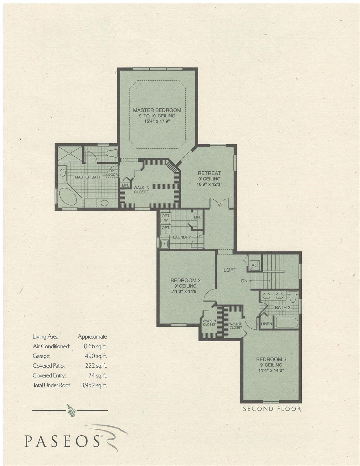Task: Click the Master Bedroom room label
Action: click(x=157, y=110)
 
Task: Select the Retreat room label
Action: click(x=209, y=173)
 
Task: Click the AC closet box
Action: click(x=254, y=265)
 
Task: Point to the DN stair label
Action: click(x=244, y=281)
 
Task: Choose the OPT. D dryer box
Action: click(x=166, y=230)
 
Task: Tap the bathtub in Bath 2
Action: click(x=287, y=322)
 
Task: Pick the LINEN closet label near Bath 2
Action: click(x=267, y=324)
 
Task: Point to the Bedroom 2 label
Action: click(x=185, y=280)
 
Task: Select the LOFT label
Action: click(x=230, y=270)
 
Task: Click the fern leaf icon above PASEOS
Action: click(x=72, y=410)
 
